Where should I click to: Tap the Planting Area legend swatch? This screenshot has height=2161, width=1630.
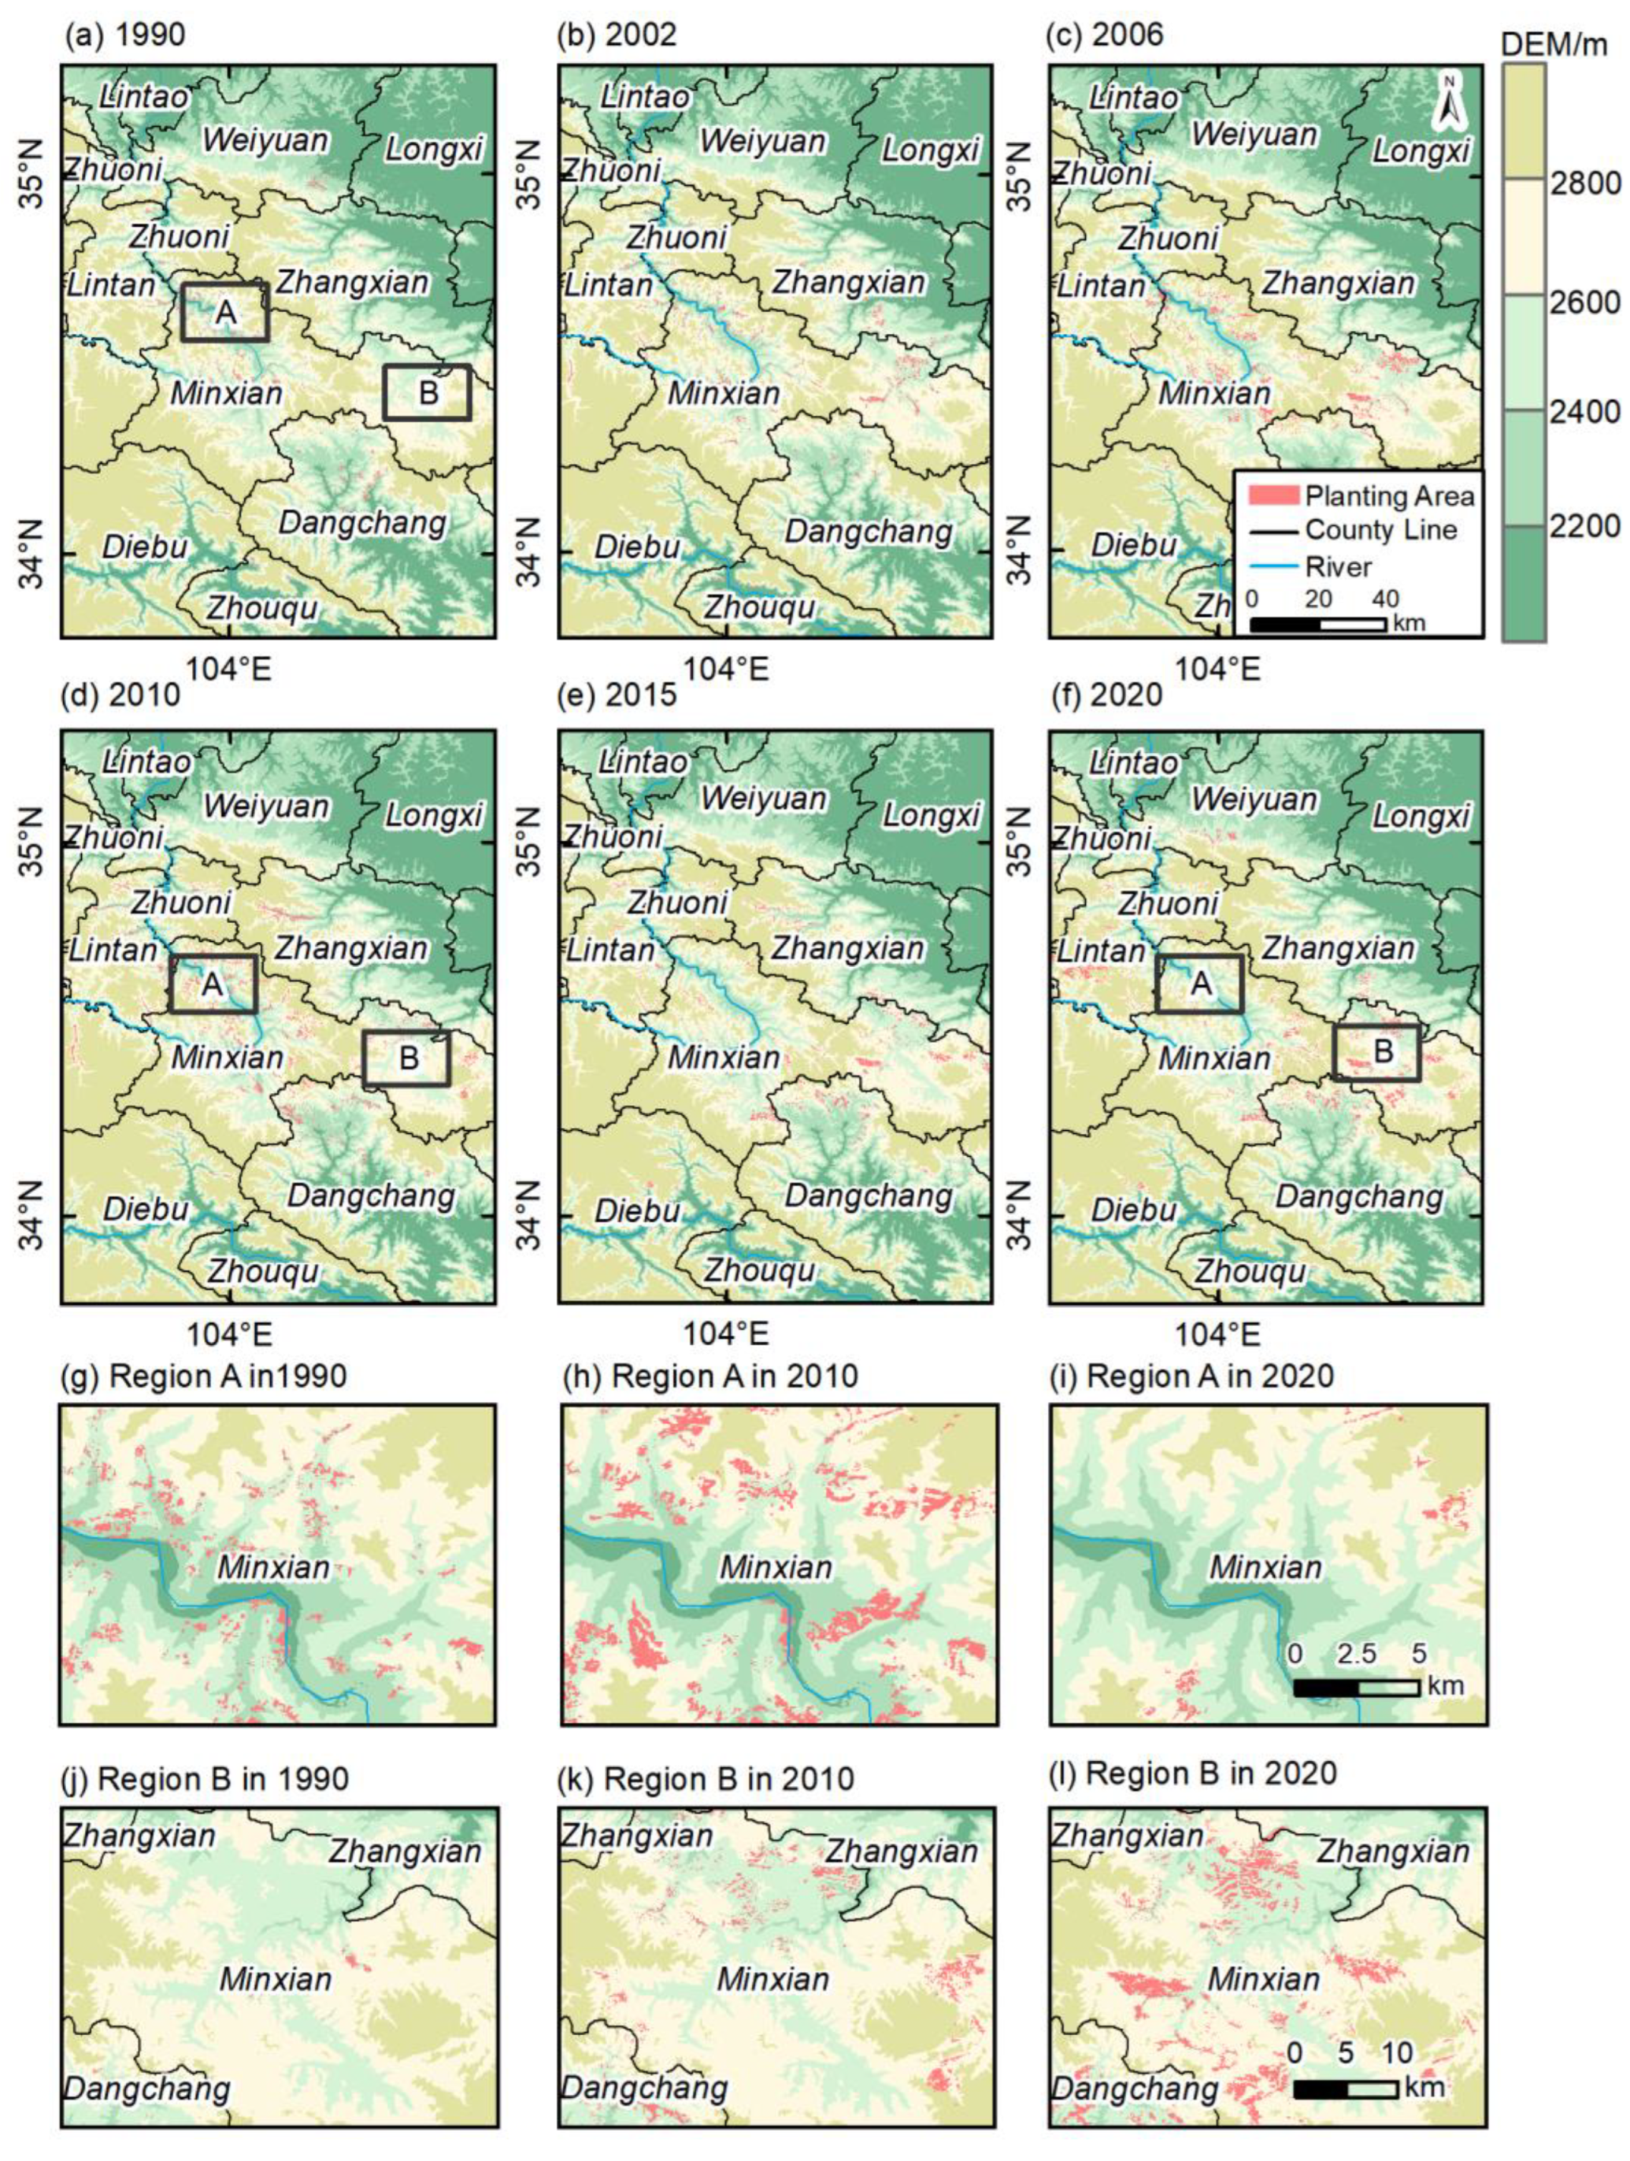pyautogui.click(x=1273, y=495)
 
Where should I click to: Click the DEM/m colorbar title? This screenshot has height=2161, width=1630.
pyautogui.click(x=1553, y=44)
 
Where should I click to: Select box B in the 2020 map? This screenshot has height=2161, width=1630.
pyautogui.click(x=1377, y=1052)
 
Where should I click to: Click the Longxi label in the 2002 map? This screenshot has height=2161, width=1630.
pyautogui.click(x=931, y=150)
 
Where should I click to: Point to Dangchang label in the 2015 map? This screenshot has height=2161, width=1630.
pyautogui.click(x=869, y=1195)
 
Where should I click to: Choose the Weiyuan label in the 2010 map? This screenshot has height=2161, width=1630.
pyautogui.click(x=265, y=806)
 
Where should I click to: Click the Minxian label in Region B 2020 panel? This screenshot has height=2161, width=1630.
pyautogui.click(x=1265, y=1979)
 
